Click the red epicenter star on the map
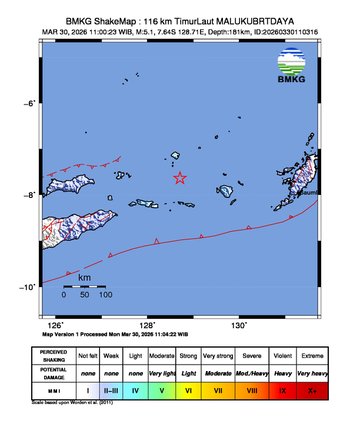coord(180,178)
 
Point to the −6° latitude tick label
coord(30,103)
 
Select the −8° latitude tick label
coord(30,195)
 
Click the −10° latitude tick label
coord(28,287)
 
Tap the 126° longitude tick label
coord(56,325)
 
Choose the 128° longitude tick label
coord(147,325)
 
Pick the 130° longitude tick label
coord(239,325)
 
